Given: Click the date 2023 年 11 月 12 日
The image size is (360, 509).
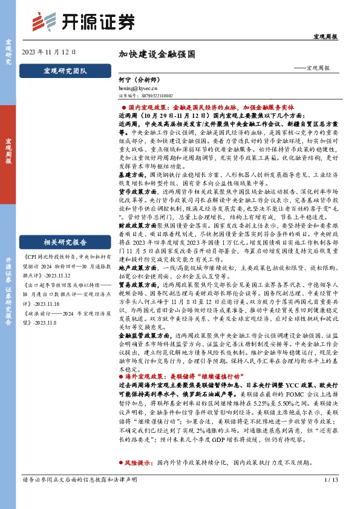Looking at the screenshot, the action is tap(49, 52).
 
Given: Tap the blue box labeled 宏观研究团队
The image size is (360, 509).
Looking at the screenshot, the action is tap(65, 70).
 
